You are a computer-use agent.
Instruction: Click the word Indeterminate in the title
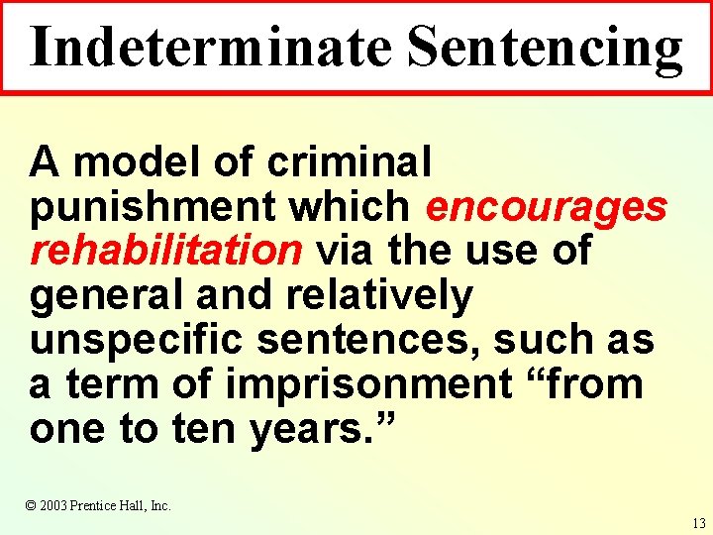tap(210, 47)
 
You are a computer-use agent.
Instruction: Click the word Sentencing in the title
tap(545, 47)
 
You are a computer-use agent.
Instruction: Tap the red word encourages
tap(546, 206)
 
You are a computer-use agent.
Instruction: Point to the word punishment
tap(153, 206)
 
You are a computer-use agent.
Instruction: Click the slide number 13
tap(699, 523)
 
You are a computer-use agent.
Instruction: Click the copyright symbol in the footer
tap(31, 505)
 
